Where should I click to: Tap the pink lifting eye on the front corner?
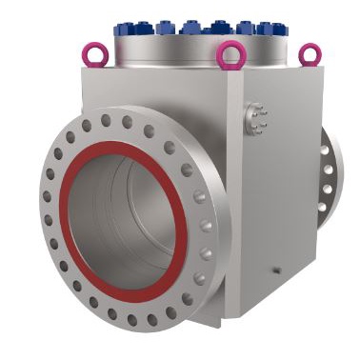coord(229,57)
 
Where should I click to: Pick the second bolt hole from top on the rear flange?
coord(329,170)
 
